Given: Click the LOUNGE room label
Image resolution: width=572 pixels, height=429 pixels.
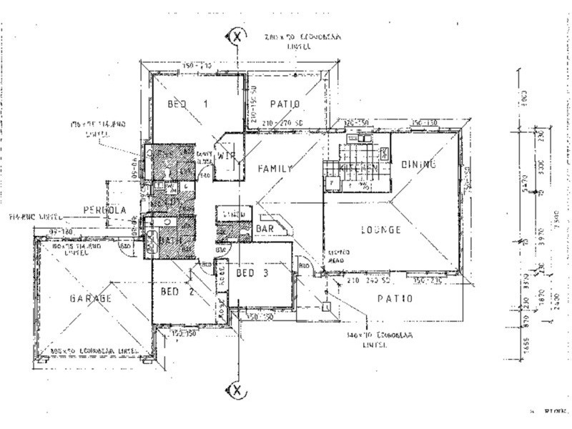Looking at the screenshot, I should (380, 230).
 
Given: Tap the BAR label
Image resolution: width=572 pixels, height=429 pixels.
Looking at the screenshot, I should (264, 228).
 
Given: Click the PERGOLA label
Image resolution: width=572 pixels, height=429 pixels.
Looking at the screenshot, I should (105, 210).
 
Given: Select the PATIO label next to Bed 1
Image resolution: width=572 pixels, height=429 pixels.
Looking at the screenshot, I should (284, 104).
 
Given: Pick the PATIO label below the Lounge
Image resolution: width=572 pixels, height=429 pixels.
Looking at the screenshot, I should (395, 297).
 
